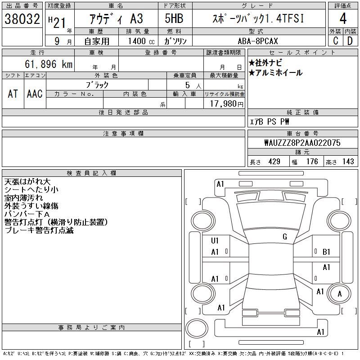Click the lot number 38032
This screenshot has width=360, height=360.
pyautogui.click(x=22, y=19)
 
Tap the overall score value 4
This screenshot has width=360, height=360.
pyautogui.click(x=343, y=18)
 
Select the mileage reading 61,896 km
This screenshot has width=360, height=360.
pyautogui.click(x=49, y=64)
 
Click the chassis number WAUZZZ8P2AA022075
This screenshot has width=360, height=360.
pyautogui.click(x=302, y=143)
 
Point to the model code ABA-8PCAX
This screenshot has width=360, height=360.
pyautogui.click(x=258, y=41)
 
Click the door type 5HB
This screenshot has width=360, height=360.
pyautogui.click(x=174, y=18)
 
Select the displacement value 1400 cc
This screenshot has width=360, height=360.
pyautogui.click(x=141, y=41)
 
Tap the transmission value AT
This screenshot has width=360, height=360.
pyautogui.click(x=13, y=94)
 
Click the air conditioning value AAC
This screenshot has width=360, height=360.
pyautogui.click(x=35, y=94)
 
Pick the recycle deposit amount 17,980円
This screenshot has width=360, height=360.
pyautogui.click(x=226, y=104)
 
